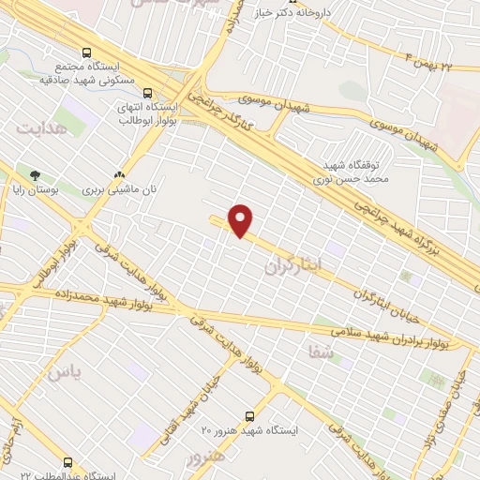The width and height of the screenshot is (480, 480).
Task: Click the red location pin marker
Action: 242,220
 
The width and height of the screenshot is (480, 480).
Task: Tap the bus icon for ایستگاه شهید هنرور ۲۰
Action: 249,414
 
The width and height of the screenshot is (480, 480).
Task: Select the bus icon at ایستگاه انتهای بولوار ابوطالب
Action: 148,92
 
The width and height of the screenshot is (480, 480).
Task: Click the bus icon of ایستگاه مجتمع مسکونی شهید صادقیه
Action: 87,52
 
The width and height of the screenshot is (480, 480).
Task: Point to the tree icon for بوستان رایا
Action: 36,174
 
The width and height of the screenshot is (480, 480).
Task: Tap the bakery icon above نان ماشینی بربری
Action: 119,174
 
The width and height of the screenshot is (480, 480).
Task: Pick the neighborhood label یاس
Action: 65,371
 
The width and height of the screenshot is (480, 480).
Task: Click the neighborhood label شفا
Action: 319,351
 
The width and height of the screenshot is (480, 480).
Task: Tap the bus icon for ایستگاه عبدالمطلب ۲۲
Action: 67,462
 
